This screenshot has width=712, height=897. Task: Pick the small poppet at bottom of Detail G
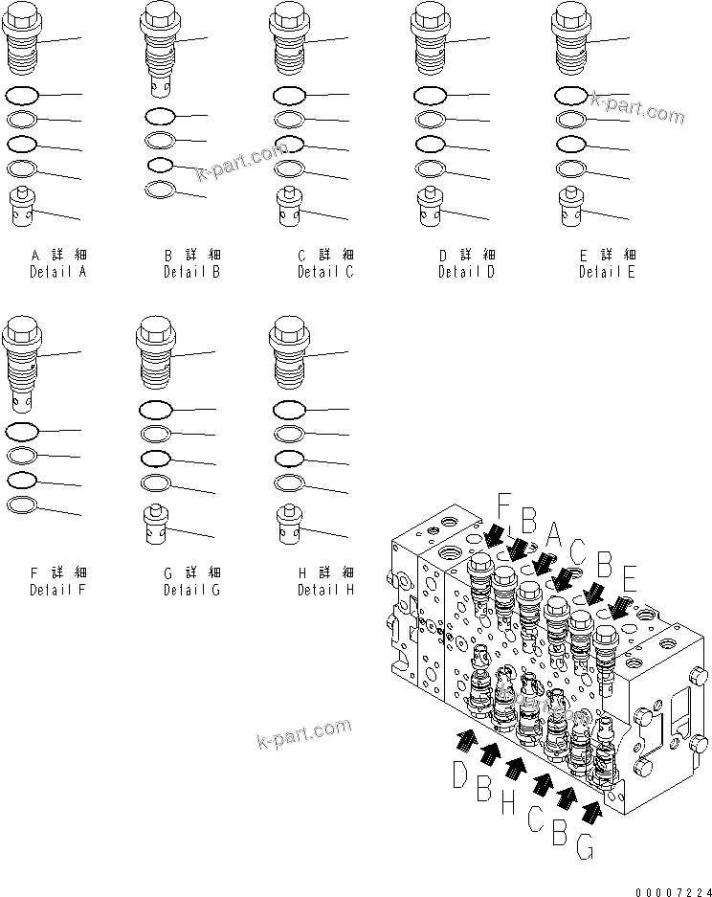155,524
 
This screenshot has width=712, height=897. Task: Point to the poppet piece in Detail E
571,209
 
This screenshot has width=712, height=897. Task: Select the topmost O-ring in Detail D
429,96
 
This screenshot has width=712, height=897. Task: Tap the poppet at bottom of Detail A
21,208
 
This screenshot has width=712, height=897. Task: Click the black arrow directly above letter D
468,739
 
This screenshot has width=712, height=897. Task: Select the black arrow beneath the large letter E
619,607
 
